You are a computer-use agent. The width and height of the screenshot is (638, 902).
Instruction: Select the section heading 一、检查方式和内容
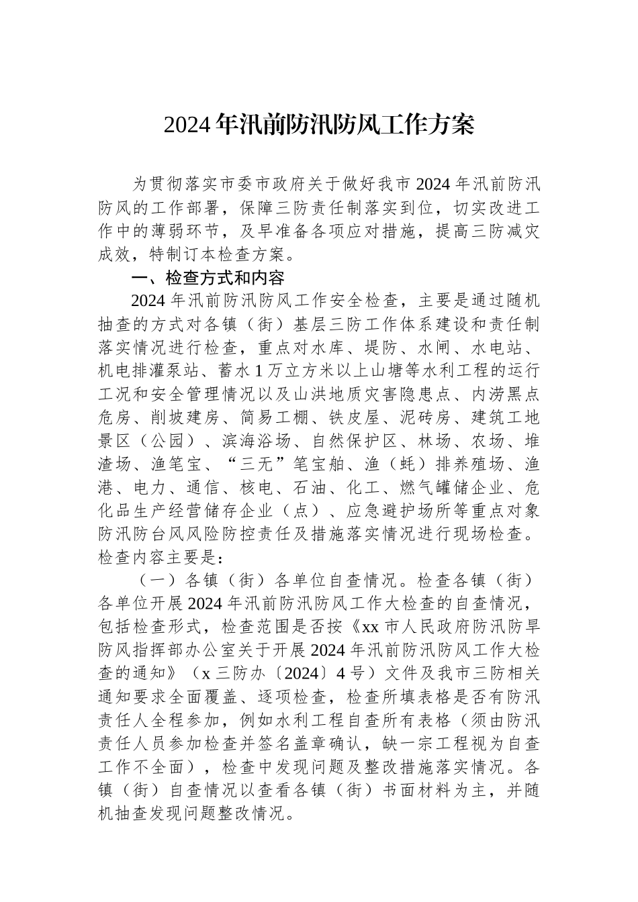point(208,277)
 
